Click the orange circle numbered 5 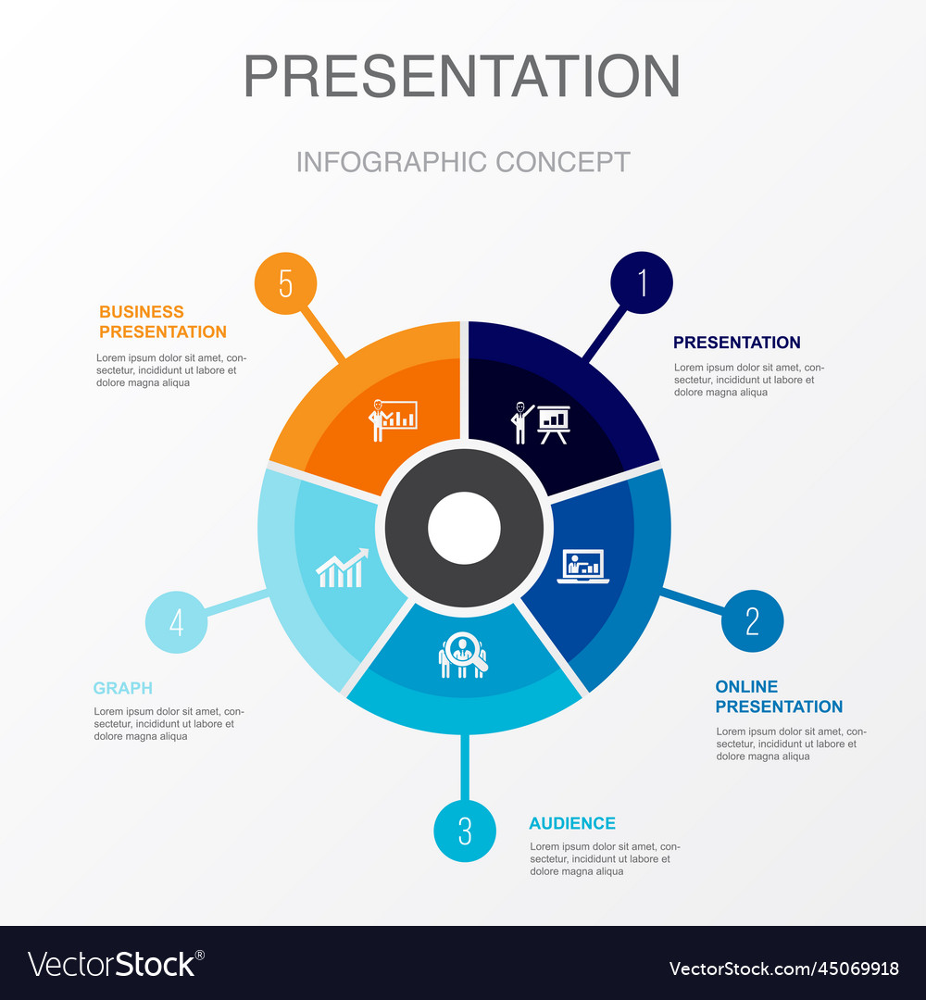coord(285,283)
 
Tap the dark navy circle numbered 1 coord(642,282)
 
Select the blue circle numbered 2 coord(752,620)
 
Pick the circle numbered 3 coord(465,831)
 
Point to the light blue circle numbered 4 coord(176,622)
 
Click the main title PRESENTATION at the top coord(461,76)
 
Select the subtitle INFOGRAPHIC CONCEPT coord(463,162)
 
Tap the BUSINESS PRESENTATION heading coord(163,321)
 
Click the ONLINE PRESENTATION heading coord(779,696)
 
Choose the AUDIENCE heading coord(572,823)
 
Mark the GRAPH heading coord(122,688)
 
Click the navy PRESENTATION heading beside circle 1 coord(736,343)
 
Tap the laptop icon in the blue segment coord(583,567)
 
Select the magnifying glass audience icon coord(462,656)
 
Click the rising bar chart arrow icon coord(342,569)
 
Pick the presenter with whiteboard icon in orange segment coord(393,419)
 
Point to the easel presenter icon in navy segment coord(542,422)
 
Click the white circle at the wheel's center coord(464,528)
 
